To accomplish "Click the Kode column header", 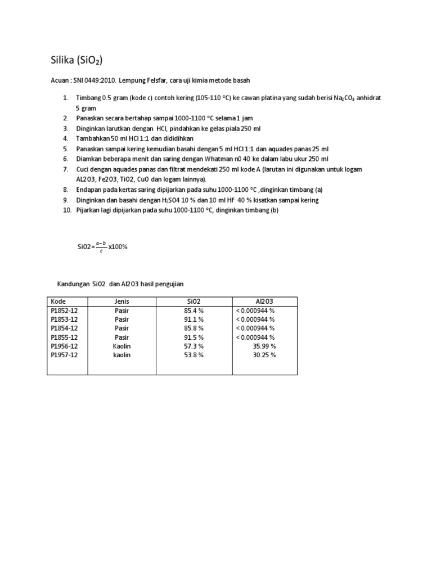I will point(58,301).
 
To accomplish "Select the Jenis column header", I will point(121,301).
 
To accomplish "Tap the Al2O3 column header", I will point(263,301).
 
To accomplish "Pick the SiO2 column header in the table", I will point(193,301).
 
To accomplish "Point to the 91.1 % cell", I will point(193,319).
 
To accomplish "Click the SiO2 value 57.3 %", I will point(193,346).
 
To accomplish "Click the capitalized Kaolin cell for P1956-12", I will point(121,346).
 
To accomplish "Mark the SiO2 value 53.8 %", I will point(193,355).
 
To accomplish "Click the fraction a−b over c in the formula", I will point(101,246).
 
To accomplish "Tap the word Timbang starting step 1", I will point(88,98).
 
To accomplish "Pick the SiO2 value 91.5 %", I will point(193,337).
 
